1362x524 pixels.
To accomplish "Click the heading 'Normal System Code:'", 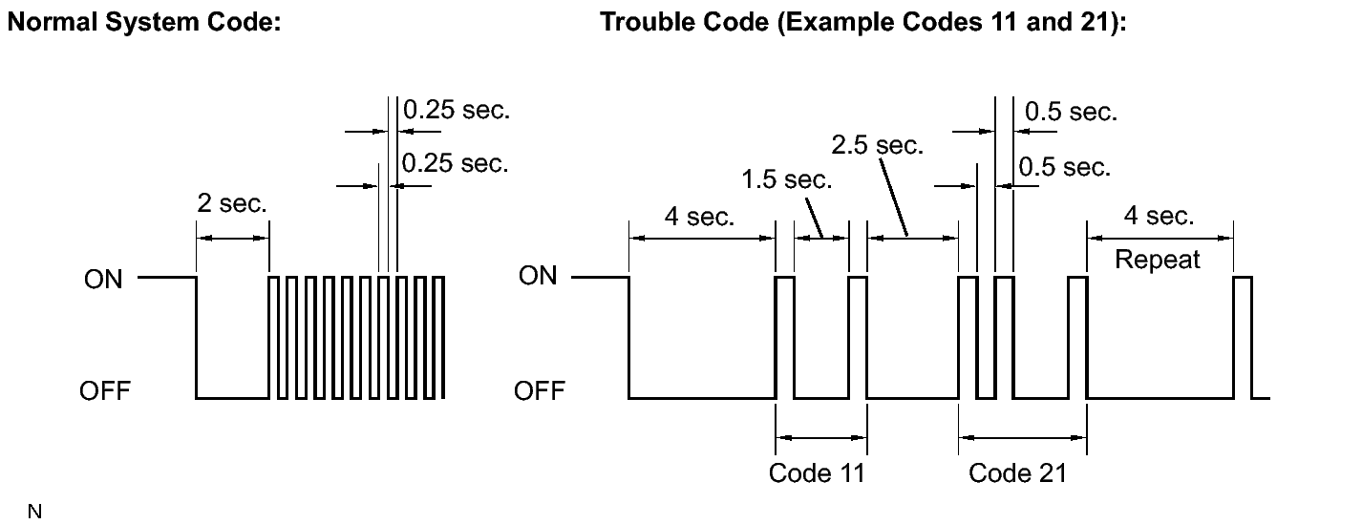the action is (x=144, y=23).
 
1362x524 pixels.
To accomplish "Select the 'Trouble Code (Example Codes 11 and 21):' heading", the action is (x=863, y=23).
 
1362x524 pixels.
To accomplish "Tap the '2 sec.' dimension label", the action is (x=232, y=203).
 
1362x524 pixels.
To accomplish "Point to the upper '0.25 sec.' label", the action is (x=457, y=110).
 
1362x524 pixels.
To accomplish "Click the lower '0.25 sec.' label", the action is (x=456, y=163).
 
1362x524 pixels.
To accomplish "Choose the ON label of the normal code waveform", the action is (x=103, y=280).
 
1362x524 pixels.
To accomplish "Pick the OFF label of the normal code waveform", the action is (x=105, y=391).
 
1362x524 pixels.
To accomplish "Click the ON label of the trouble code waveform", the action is (x=538, y=276).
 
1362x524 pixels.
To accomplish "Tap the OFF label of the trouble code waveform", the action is (x=540, y=391).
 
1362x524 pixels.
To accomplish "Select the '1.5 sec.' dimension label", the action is (x=787, y=179).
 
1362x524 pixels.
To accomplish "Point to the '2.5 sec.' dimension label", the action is (x=878, y=145).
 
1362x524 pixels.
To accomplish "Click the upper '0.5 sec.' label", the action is (x=1072, y=112).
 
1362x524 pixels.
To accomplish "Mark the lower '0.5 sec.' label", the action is (x=1065, y=167).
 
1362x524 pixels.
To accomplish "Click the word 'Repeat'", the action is (x=1157, y=260).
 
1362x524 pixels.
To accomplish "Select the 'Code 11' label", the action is (x=817, y=473).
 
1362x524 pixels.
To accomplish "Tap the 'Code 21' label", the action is (x=1018, y=473).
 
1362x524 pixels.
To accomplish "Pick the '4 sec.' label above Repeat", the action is (x=1159, y=216).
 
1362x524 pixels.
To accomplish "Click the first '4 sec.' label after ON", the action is (x=700, y=217).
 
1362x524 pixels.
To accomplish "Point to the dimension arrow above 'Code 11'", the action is (x=821, y=437).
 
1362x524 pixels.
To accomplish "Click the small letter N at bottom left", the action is (x=35, y=512).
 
